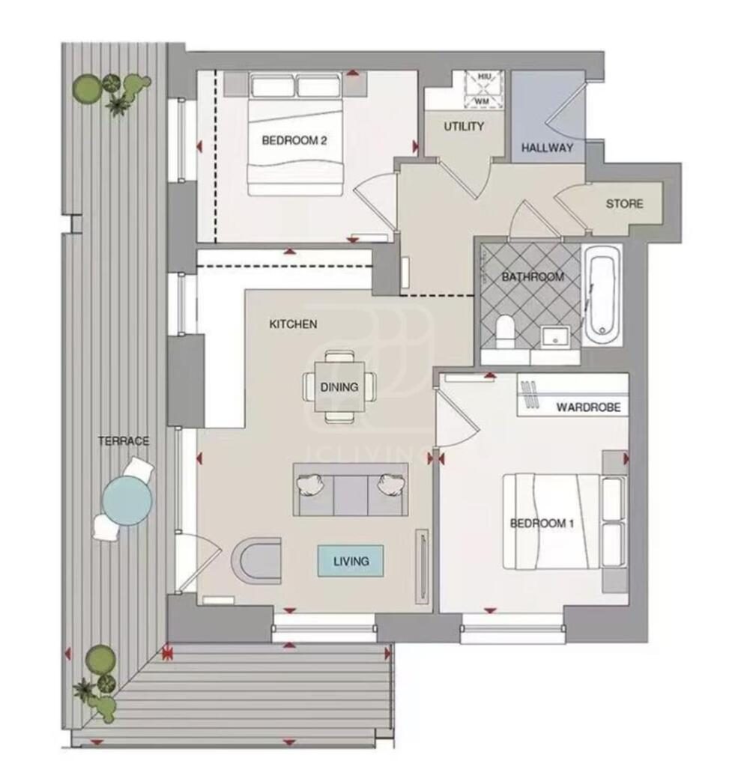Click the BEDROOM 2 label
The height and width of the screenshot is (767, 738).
click(294, 141)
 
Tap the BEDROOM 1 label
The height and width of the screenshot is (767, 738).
click(542, 524)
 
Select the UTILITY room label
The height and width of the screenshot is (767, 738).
click(464, 127)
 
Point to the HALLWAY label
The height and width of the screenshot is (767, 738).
click(547, 148)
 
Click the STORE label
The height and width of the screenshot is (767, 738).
click(624, 204)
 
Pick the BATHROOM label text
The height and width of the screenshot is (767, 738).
click(533, 277)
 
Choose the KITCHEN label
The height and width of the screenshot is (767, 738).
click(293, 324)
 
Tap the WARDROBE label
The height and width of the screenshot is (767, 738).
click(589, 407)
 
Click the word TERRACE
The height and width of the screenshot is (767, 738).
click(124, 440)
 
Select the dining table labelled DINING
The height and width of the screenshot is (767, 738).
click(339, 387)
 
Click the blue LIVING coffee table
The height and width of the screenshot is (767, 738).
click(351, 560)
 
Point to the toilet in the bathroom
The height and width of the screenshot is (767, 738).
click(504, 331)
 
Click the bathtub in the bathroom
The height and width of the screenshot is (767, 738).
click(602, 295)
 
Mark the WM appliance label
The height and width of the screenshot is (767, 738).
click(483, 102)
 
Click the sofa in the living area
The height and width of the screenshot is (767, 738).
click(351, 490)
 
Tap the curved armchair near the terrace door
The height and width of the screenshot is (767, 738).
click(256, 560)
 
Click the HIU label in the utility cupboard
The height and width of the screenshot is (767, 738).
click(483, 77)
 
